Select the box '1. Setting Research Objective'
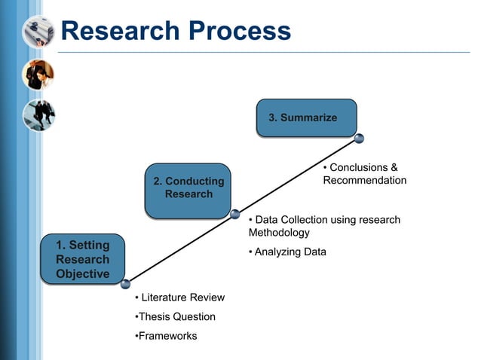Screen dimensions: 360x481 click(x=83, y=260)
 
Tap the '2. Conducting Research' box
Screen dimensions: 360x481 click(x=188, y=188)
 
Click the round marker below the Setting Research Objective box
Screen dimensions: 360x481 click(x=125, y=284)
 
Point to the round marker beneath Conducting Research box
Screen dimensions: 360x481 click(x=235, y=214)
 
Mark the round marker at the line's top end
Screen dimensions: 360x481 click(x=359, y=138)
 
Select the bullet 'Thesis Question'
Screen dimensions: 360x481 click(x=176, y=317)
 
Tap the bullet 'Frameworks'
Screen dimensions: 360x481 click(x=167, y=336)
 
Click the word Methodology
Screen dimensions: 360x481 click(x=279, y=233)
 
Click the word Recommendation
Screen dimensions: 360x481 click(x=364, y=181)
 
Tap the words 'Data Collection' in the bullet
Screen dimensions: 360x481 click(x=291, y=220)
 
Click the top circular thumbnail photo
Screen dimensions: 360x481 click(x=38, y=32)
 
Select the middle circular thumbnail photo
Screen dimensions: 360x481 click(x=38, y=74)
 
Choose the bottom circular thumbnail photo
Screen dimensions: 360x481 click(x=38, y=115)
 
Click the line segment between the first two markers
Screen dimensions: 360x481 click(x=180, y=249)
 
